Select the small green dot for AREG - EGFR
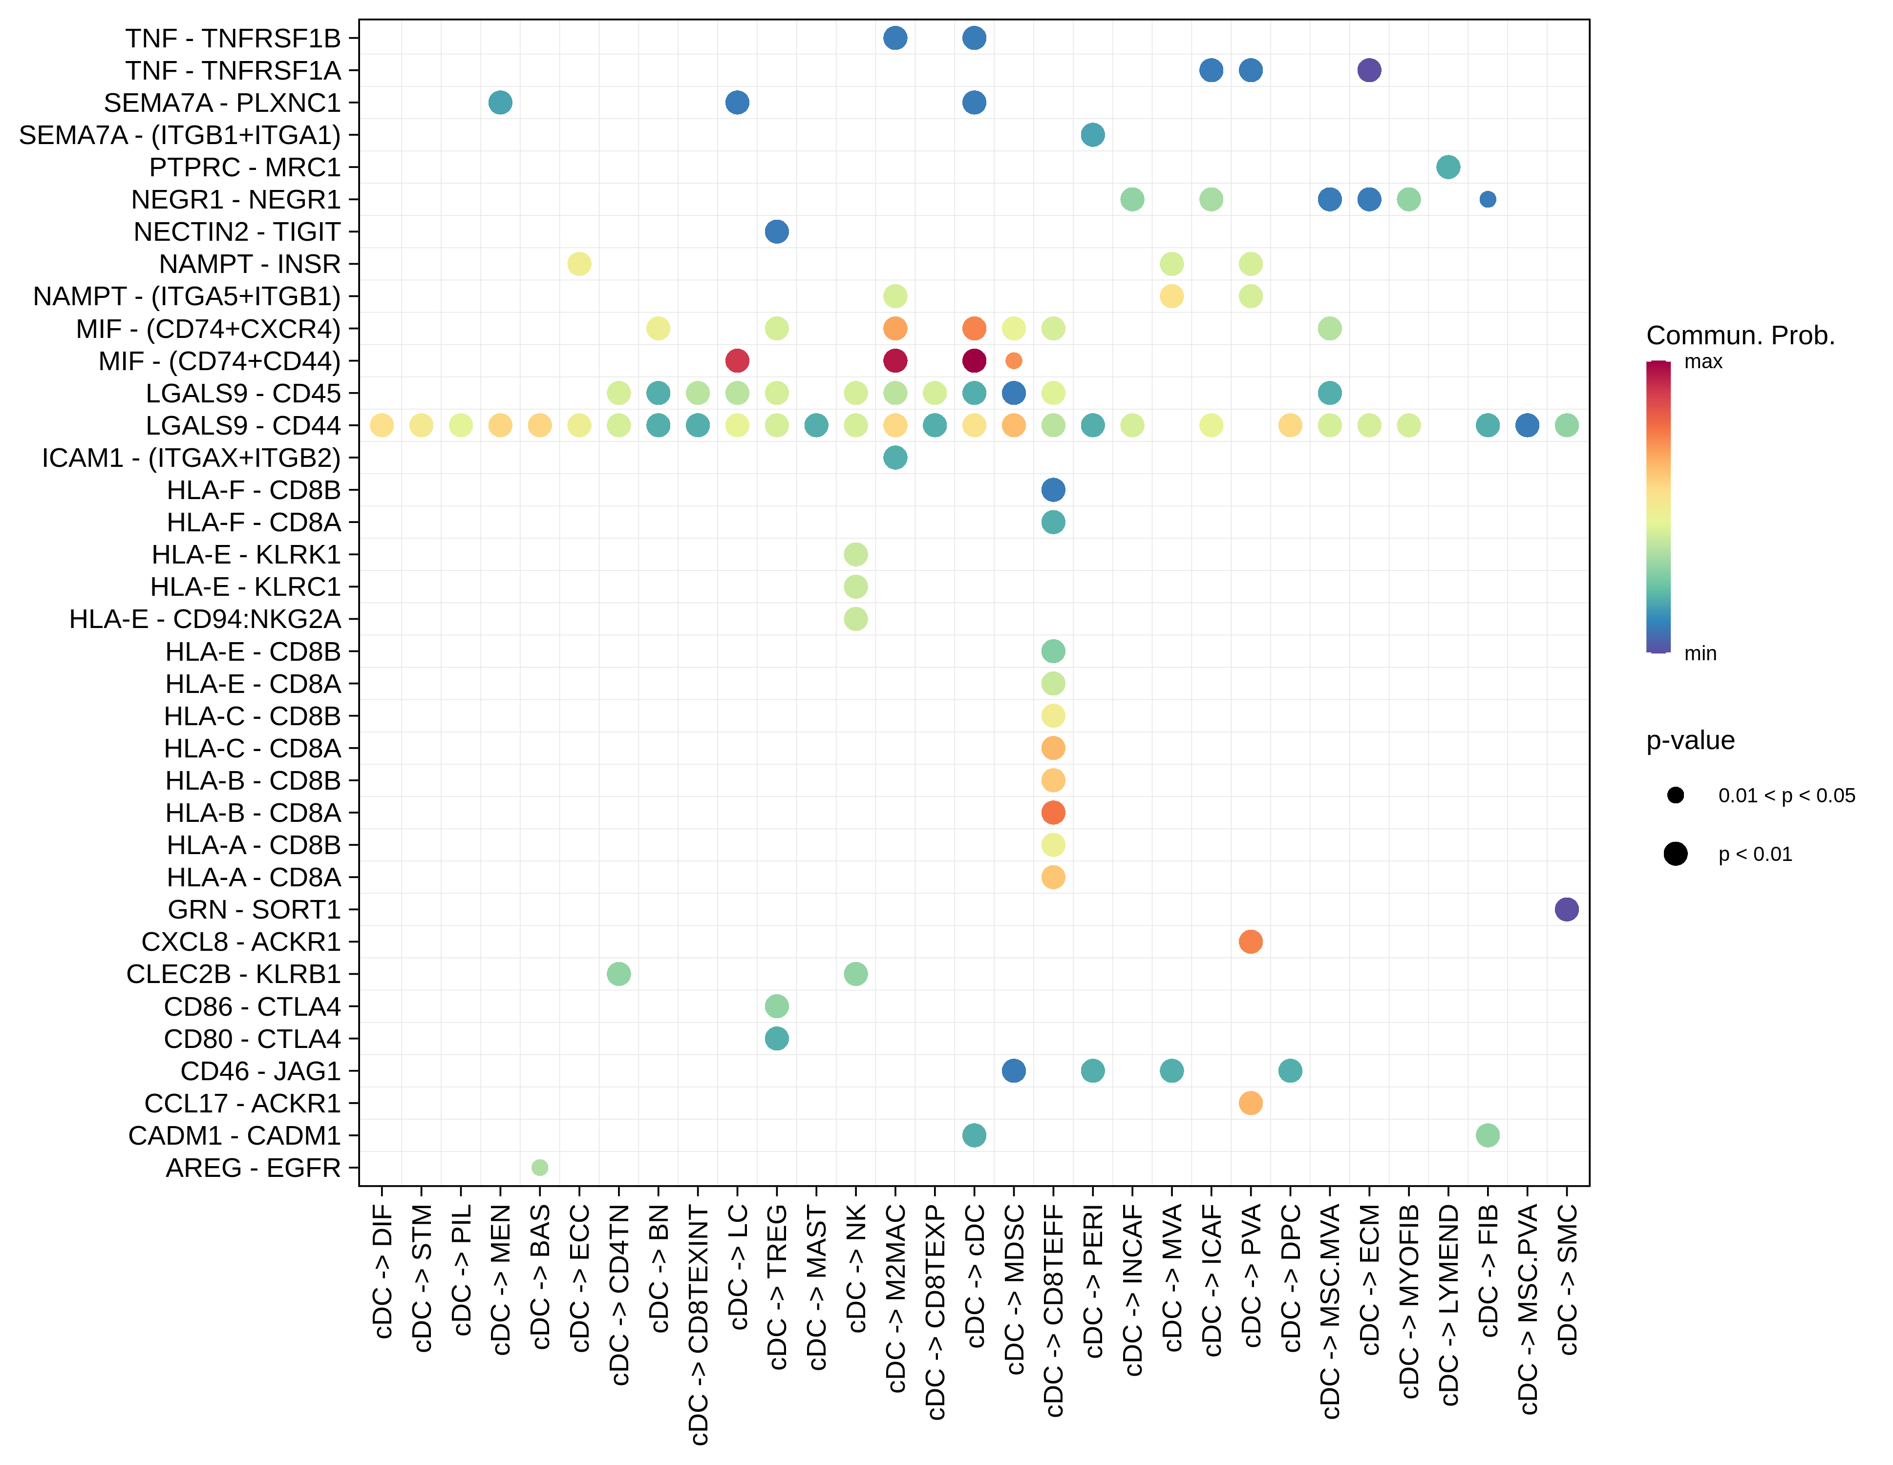pos(539,1168)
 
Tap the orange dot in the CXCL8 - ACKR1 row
pos(1250,942)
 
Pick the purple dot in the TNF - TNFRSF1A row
pos(1369,70)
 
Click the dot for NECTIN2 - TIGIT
pos(777,231)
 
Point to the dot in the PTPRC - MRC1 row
pos(1447,167)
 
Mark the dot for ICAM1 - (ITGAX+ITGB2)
pos(895,458)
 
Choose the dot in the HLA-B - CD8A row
pos(1053,813)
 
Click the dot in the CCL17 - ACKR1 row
pos(1250,1103)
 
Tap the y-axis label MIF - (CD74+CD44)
pos(219,361)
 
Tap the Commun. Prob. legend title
pos(1740,335)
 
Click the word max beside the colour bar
pos(1702,362)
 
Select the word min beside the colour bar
pos(1700,653)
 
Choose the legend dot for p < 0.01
pos(1676,854)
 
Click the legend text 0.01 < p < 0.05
pos(1787,795)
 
